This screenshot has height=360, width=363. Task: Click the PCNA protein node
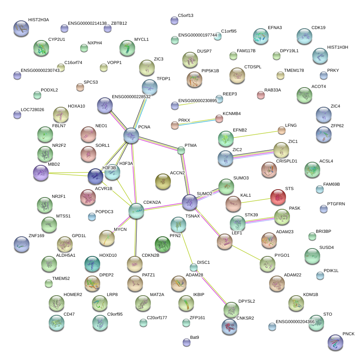pos(131,135)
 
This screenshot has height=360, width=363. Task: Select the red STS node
pos(278,197)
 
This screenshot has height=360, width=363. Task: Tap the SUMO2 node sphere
pos(190,202)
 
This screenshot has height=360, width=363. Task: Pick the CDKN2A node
pos(136,211)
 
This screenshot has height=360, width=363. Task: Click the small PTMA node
pos(181,150)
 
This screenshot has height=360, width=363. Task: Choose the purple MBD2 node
pos(41,173)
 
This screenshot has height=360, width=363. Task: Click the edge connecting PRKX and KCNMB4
pos(197,122)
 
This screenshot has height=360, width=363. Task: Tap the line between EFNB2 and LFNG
pos(257,134)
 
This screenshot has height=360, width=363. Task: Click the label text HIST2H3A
pos(38,20)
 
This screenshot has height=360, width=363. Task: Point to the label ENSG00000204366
pos(295,322)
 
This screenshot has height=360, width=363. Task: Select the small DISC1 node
pos(193,268)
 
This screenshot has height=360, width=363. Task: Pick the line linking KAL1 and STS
pos(255,200)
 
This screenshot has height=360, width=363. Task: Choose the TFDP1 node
pos(150,87)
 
